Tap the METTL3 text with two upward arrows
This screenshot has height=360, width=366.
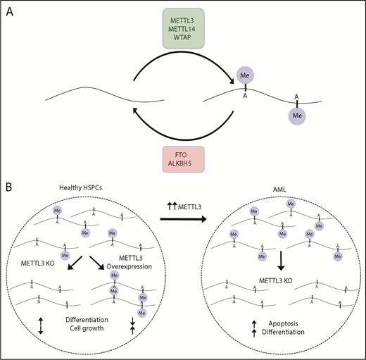tap(181, 206)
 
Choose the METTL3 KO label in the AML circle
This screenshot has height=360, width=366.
tap(280, 287)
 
